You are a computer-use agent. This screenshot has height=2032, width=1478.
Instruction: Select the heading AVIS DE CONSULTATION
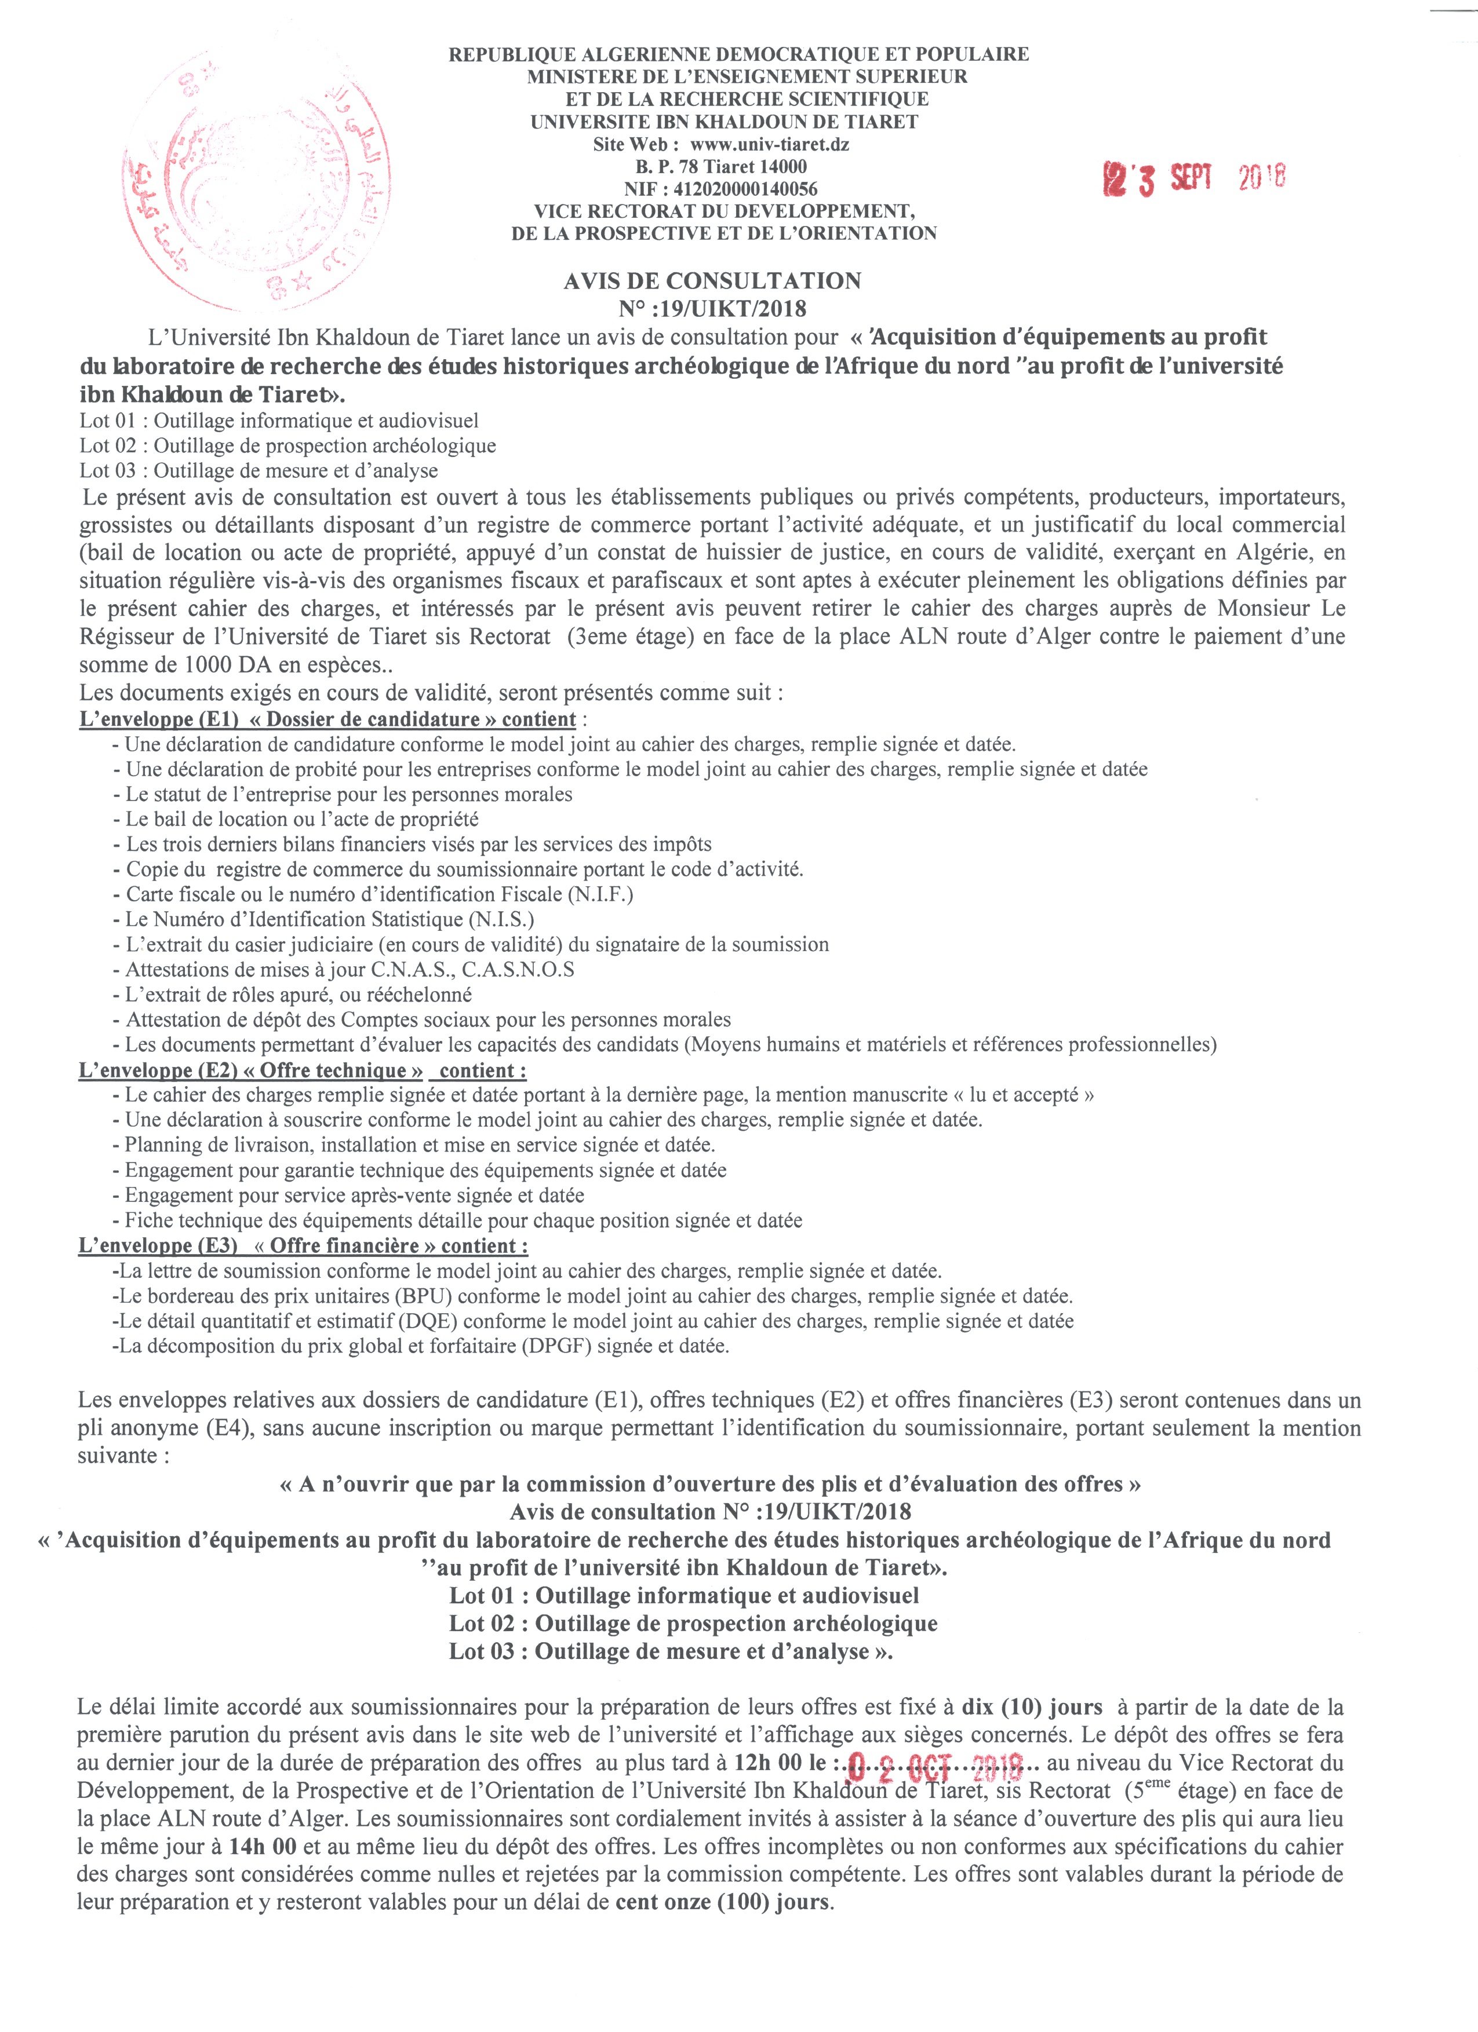pos(712,282)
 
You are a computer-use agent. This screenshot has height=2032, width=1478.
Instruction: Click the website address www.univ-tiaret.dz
pos(769,144)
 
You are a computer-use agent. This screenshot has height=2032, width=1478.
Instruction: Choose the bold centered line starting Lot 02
pos(693,1624)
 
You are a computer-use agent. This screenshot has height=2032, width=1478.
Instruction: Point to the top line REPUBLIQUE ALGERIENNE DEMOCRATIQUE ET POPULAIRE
pos(738,54)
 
